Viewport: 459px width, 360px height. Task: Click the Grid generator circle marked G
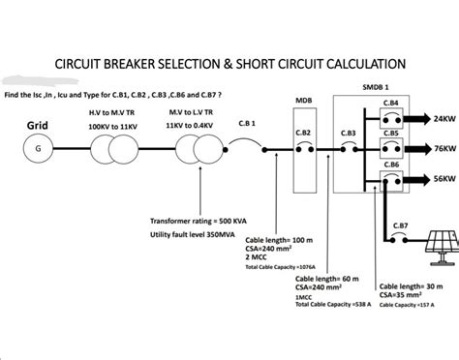(39, 149)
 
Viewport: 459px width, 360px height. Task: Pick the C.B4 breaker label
(391, 102)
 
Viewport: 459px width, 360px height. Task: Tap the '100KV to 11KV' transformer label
(110, 126)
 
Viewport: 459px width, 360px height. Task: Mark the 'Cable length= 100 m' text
(280, 239)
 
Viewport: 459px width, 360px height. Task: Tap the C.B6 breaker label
(391, 165)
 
